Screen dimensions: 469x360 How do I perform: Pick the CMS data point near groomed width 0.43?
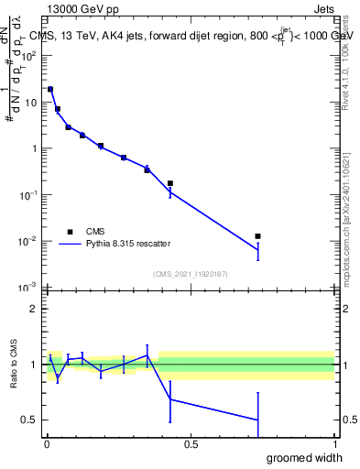(170, 183)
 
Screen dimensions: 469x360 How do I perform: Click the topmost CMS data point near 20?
(50, 90)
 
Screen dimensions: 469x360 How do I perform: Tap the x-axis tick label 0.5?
(191, 445)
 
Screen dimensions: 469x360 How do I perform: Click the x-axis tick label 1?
(334, 445)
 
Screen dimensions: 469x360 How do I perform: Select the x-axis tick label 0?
(47, 445)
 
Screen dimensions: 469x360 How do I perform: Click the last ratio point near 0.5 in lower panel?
(258, 420)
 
